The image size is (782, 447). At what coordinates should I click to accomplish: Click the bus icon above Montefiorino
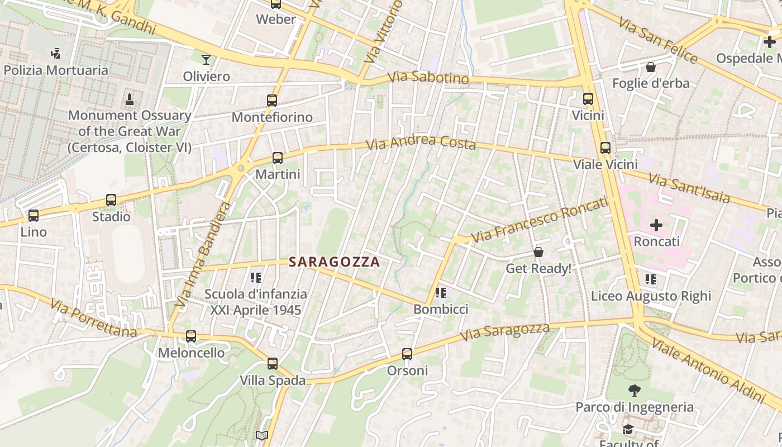[272, 101]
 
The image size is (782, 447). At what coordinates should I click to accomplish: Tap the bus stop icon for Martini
[278, 158]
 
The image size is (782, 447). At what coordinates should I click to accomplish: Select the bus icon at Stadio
[111, 200]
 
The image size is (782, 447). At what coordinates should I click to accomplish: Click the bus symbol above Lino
[34, 215]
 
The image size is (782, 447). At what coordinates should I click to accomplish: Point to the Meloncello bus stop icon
[191, 336]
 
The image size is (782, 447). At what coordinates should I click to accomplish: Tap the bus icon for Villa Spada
[273, 364]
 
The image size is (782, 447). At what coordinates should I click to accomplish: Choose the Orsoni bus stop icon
[407, 354]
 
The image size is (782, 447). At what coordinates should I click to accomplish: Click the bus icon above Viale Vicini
[605, 148]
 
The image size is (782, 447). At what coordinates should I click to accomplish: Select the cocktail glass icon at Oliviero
[206, 59]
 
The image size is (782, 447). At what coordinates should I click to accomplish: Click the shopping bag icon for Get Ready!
[538, 252]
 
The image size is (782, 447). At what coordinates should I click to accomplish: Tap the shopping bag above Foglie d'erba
[651, 67]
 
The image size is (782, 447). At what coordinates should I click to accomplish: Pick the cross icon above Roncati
[656, 225]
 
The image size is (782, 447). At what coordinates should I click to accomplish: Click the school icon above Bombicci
[441, 292]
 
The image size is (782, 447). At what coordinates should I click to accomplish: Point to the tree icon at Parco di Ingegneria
[635, 391]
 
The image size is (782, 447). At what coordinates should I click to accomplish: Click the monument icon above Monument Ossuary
[130, 99]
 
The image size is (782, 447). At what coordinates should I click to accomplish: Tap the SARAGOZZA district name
[334, 262]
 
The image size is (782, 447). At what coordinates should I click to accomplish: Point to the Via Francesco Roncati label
[539, 220]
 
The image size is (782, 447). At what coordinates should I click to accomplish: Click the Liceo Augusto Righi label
[651, 296]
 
